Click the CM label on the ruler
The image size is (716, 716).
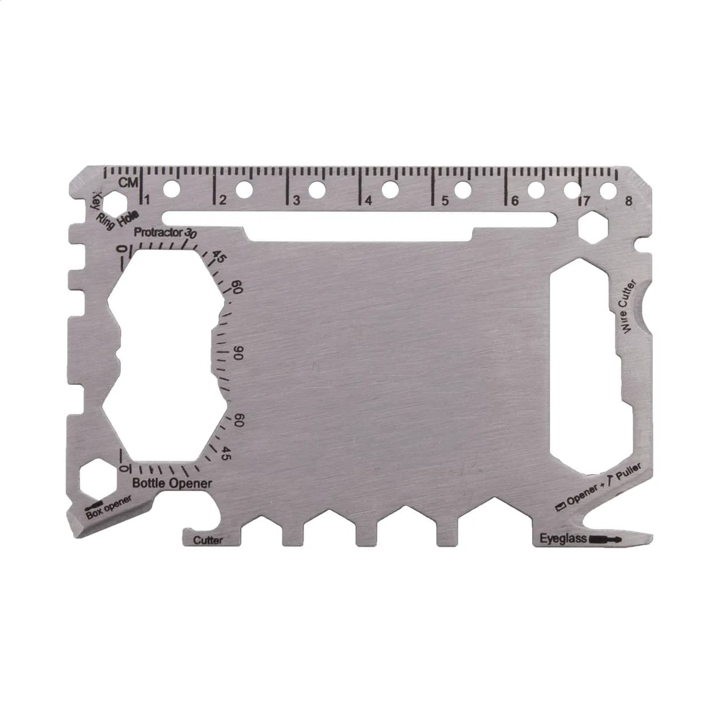(x=129, y=183)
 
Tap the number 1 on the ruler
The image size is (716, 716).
(x=148, y=200)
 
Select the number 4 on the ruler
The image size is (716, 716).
(x=368, y=200)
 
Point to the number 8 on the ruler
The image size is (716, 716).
(x=629, y=200)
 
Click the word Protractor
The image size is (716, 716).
(x=158, y=233)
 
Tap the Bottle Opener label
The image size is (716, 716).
(x=172, y=483)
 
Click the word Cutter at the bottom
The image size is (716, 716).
(x=208, y=540)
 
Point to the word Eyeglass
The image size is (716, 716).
(x=564, y=538)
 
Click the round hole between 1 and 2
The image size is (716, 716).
(x=171, y=187)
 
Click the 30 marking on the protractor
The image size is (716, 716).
(x=190, y=234)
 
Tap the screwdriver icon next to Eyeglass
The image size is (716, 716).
(x=606, y=539)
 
